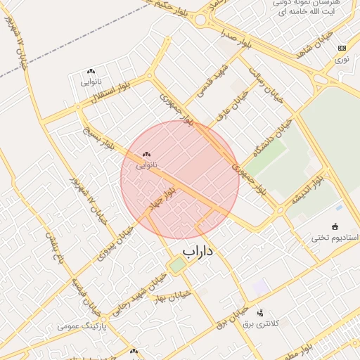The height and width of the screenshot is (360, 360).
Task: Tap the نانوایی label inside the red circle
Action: [146, 165]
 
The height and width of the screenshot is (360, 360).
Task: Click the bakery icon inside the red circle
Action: [146, 154]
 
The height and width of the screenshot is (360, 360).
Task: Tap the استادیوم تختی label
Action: [335, 238]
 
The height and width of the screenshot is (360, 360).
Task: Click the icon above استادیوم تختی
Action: [335, 226]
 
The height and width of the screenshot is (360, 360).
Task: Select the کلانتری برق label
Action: [261, 323]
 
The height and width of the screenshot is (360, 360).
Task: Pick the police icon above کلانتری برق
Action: [261, 313]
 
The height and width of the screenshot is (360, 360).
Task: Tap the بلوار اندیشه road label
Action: [308, 190]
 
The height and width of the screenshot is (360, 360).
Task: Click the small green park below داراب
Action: [177, 265]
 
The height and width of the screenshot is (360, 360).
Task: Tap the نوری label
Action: [341, 60]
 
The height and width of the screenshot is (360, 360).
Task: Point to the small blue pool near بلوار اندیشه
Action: [340, 207]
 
